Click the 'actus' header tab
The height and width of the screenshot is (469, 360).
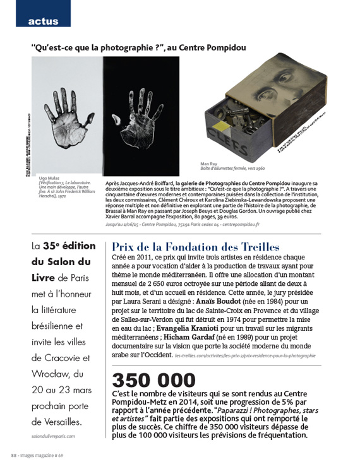[43, 21]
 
